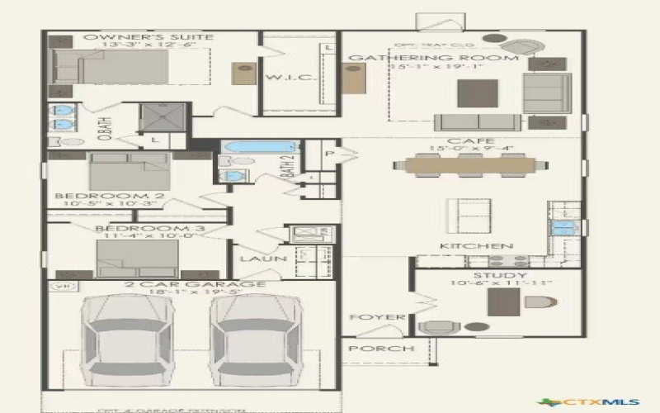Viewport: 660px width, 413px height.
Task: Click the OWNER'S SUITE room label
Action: point(148,37)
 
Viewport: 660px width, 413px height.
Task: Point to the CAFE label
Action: point(460,141)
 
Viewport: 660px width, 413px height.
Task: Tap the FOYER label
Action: point(365,316)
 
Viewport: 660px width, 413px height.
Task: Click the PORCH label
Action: point(380,349)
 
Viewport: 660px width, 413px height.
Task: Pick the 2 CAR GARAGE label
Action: point(195,285)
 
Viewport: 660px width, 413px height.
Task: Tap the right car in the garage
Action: point(254,340)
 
